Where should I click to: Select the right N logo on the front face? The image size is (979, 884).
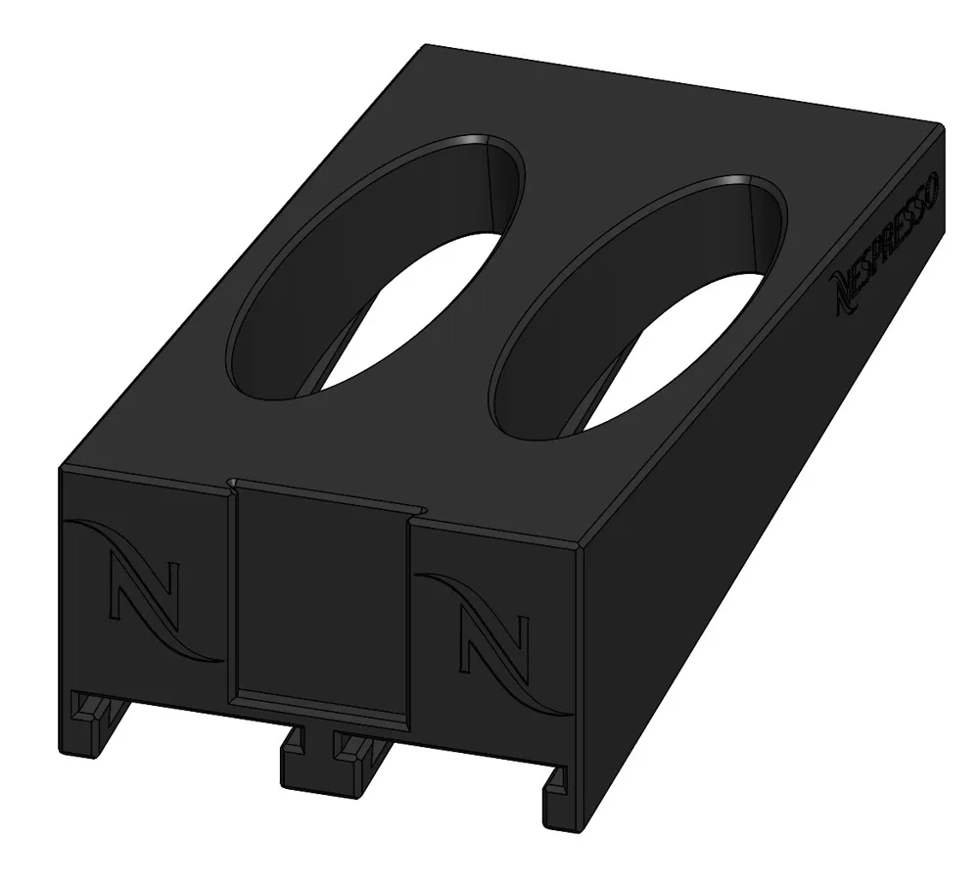coord(494,643)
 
